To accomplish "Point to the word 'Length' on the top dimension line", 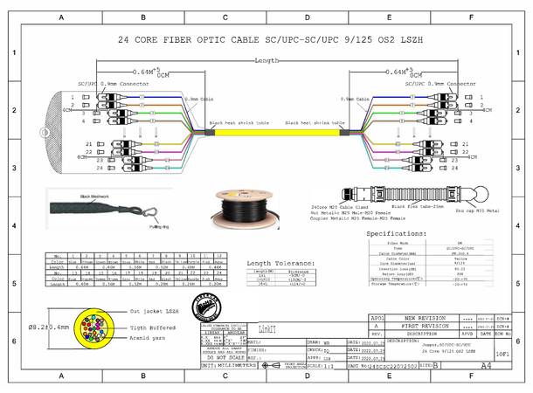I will pyautogui.click(x=266, y=61).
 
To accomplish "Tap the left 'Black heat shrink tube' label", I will pyautogui.click(x=239, y=123).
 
